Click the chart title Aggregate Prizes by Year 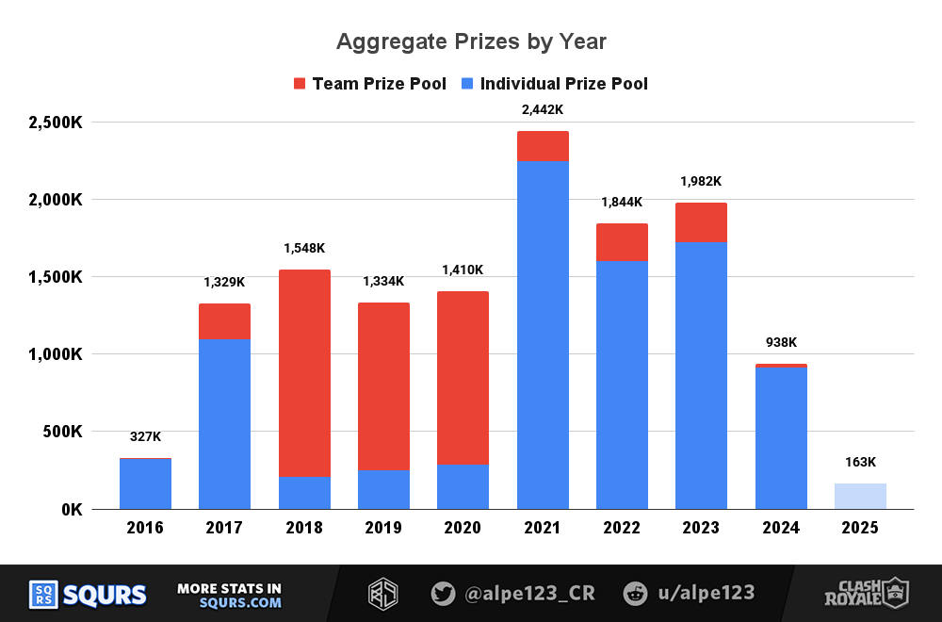(471, 42)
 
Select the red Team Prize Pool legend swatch (300, 84)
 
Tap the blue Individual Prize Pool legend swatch (468, 84)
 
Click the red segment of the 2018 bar (304, 372)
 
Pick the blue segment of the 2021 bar (543, 335)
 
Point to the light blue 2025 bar (860, 496)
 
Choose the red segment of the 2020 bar (463, 377)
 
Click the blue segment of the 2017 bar (224, 424)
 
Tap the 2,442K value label (543, 110)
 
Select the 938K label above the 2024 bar (781, 343)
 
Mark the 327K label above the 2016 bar (145, 437)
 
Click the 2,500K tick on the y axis (56, 123)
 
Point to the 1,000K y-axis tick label (56, 354)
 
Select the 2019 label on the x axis (383, 528)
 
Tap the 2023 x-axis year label (701, 528)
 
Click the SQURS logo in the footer (88, 595)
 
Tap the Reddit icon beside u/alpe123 (635, 594)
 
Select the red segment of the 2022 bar (622, 242)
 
